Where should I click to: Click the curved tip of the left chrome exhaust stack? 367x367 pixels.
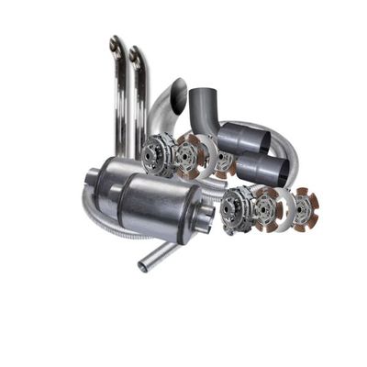(115, 44)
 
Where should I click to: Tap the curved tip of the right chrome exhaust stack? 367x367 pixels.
(136, 54)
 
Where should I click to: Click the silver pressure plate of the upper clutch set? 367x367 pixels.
(158, 152)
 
